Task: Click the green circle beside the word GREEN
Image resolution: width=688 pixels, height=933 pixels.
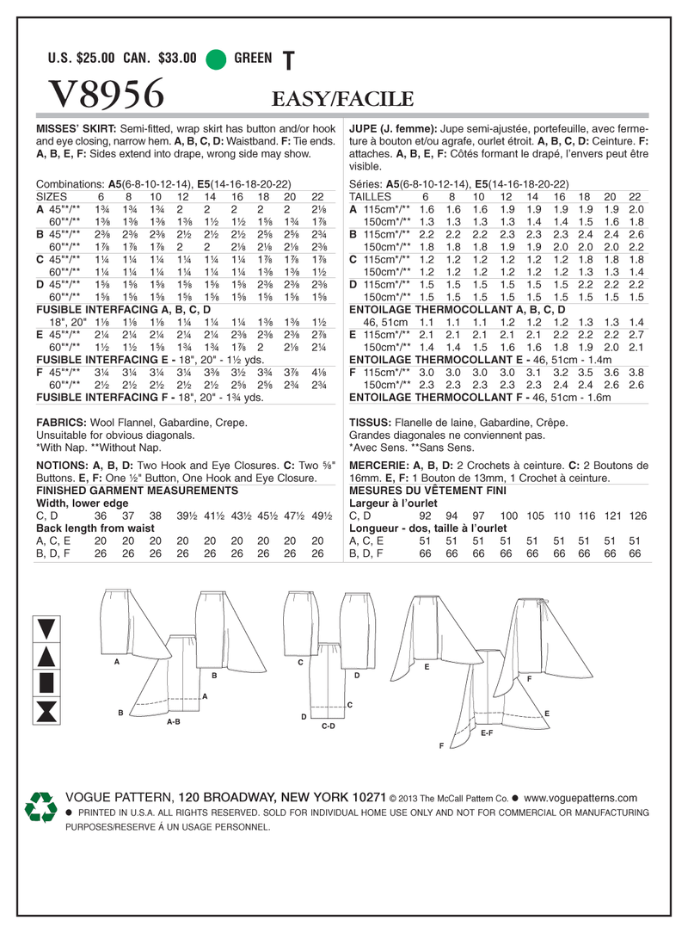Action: [x=218, y=59]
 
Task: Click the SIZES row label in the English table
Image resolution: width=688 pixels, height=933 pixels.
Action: [x=53, y=196]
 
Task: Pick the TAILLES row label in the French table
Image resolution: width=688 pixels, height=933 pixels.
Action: [x=371, y=196]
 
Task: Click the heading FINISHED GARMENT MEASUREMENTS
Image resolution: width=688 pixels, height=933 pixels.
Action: [x=137, y=489]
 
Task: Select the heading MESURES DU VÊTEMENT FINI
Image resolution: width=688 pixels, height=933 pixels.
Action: [x=428, y=490]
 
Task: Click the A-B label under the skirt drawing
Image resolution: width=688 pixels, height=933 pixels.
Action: [x=173, y=721]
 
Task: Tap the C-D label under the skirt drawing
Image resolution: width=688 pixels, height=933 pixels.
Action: [x=327, y=726]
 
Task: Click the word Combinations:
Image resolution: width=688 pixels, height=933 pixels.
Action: [x=71, y=183]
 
